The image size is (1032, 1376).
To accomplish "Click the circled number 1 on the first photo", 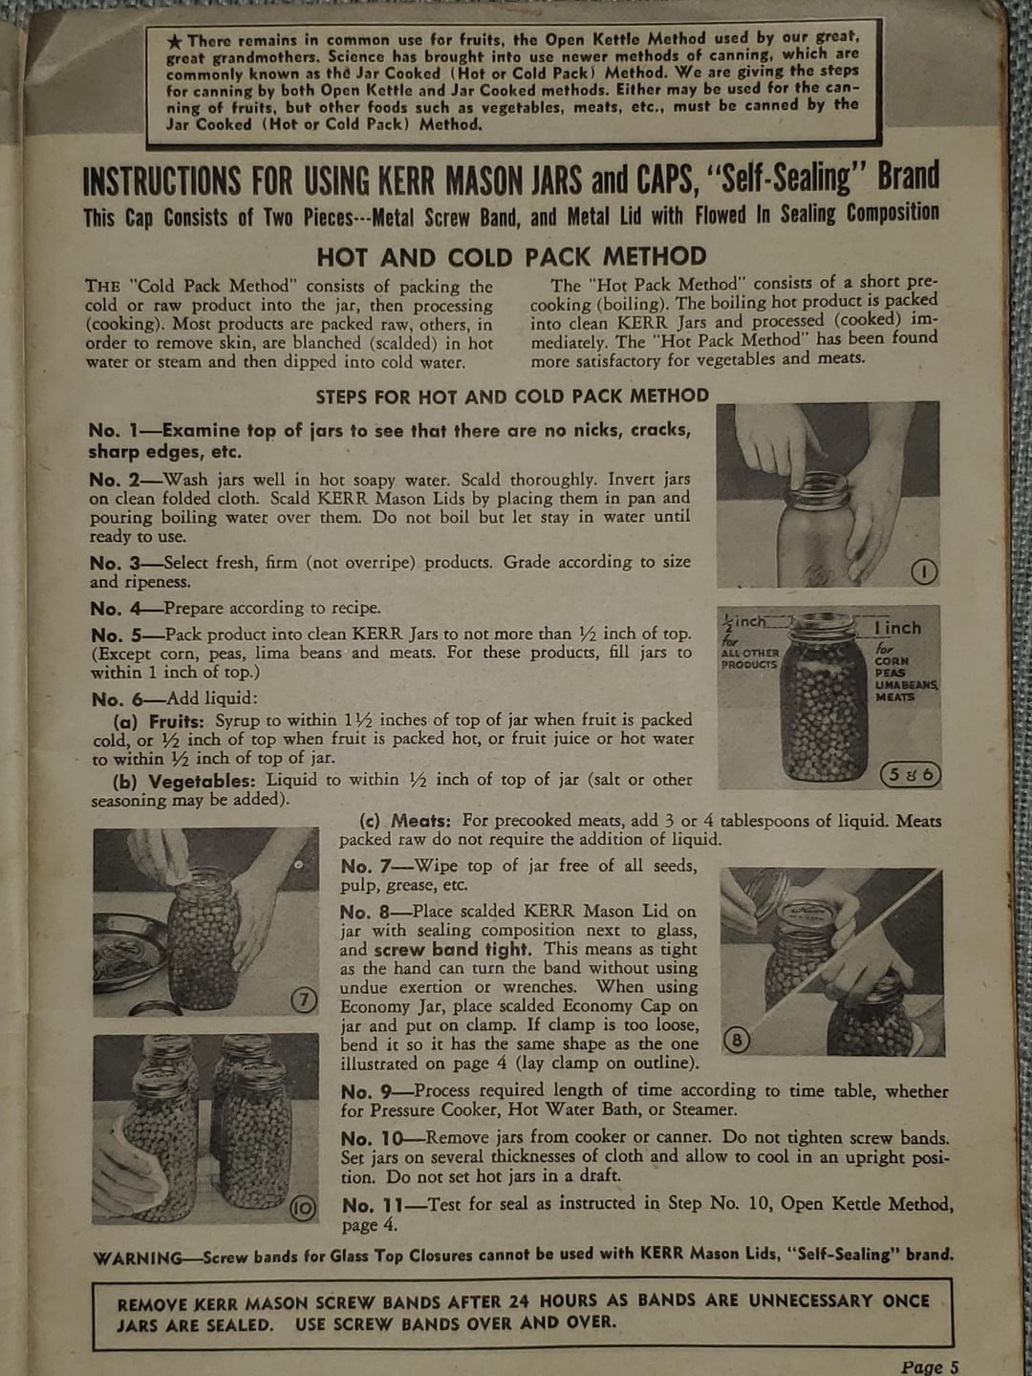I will point(924,571).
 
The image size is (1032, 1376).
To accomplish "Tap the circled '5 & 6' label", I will point(910,775).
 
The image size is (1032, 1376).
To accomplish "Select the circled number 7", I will point(303,1000).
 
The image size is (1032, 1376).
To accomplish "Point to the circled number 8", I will point(738,1041).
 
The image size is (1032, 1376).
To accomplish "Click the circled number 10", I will point(303,1209).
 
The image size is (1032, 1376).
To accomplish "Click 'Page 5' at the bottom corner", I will point(929,1366).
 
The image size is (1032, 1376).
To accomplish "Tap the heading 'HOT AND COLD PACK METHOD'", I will point(511,257).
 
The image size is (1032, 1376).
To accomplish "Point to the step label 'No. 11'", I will point(371,1206).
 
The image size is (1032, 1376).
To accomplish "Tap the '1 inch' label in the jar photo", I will point(897,629).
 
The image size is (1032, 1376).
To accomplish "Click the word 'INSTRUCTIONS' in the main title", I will point(161,182).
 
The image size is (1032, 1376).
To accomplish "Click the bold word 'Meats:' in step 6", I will point(421,821).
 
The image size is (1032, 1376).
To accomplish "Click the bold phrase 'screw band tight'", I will point(451,950).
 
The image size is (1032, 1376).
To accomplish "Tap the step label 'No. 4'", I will point(116,609).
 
